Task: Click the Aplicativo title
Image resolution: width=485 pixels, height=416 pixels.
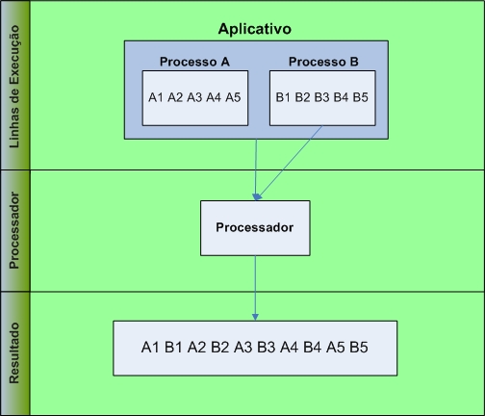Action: [x=255, y=29]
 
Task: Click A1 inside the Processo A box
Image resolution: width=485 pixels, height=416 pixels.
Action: [x=157, y=97]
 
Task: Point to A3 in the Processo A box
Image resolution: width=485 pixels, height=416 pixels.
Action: [x=195, y=97]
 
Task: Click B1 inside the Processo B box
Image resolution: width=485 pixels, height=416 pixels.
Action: [x=284, y=97]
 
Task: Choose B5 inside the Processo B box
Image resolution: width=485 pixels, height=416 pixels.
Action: [x=360, y=97]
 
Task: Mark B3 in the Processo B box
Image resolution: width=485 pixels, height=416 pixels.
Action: [x=322, y=97]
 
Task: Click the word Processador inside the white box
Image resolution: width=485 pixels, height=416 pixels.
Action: [x=254, y=228]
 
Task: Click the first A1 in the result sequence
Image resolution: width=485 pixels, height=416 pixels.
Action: [x=150, y=347]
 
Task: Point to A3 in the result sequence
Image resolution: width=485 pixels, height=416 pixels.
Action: [x=243, y=347]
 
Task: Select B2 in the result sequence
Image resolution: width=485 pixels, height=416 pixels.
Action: [x=220, y=347]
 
